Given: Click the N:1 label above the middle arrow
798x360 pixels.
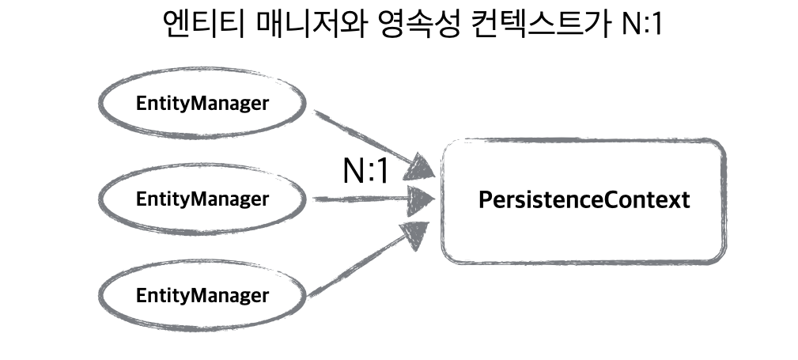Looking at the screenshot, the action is [x=365, y=171].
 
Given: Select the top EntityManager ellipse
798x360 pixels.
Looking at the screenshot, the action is [x=202, y=104].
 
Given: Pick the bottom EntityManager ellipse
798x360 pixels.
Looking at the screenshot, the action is [x=202, y=297].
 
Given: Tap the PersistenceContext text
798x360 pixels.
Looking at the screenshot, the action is [x=584, y=199].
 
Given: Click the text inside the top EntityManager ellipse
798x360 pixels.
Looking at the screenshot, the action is [x=202, y=104].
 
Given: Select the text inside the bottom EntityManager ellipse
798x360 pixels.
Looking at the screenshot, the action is [x=202, y=297].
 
